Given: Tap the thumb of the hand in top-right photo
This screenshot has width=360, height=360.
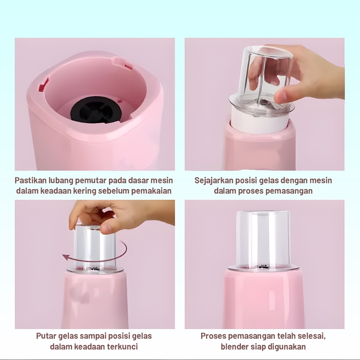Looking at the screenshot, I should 283,95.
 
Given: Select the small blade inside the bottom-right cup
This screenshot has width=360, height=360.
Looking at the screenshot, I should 264,267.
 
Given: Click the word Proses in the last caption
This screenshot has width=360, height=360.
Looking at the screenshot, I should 212,336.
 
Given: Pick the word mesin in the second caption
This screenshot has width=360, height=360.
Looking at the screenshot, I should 321,180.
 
